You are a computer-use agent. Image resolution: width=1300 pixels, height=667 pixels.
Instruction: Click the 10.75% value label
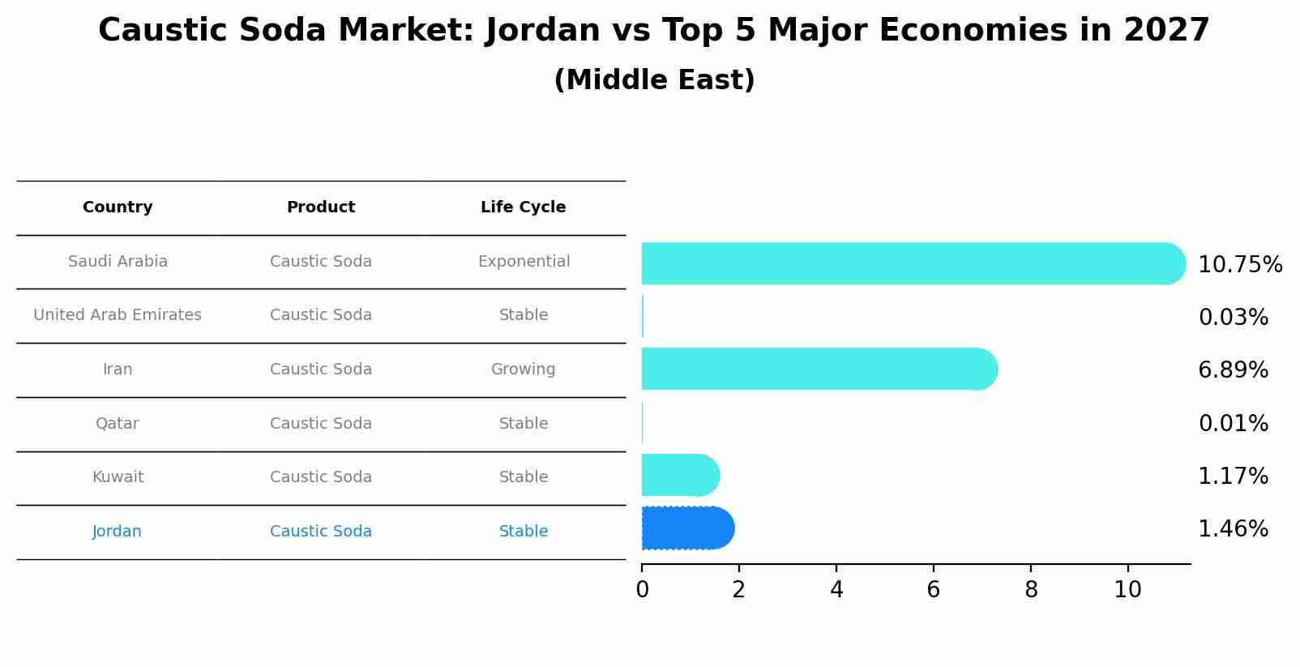(x=1240, y=265)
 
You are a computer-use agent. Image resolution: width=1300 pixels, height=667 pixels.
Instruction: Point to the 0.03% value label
(x=1233, y=318)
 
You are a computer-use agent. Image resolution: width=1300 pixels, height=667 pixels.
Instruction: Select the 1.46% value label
(x=1233, y=529)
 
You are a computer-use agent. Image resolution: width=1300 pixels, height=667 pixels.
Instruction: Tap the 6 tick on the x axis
(x=933, y=590)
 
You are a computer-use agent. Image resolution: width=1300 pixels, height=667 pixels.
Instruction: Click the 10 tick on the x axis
(x=1127, y=590)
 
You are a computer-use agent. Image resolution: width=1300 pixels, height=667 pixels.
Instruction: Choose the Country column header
(x=118, y=207)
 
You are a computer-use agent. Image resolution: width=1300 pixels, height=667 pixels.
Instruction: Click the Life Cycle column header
(x=523, y=207)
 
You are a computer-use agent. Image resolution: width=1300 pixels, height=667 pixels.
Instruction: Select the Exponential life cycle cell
(x=524, y=262)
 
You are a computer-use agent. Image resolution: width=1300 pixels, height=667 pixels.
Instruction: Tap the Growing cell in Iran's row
(x=523, y=370)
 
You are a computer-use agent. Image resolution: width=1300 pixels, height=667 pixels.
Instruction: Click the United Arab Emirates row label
(x=118, y=315)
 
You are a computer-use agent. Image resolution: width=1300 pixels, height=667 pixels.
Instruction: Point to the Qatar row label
(x=118, y=424)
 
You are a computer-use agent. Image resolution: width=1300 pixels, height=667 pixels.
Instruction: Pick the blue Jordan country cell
(x=117, y=532)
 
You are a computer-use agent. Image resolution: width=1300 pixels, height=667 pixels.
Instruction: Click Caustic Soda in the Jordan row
(x=321, y=532)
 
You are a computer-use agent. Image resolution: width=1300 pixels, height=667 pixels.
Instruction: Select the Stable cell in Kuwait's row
(x=524, y=477)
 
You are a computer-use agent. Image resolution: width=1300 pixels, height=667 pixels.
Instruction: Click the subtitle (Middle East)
(x=654, y=80)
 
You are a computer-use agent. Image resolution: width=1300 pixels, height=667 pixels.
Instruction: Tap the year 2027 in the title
(x=1166, y=31)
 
